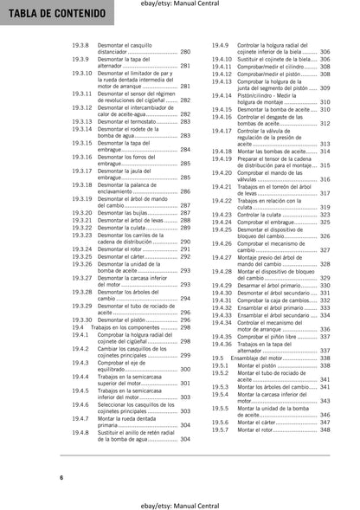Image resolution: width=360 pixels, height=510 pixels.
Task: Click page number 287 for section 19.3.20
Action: click(x=184, y=212)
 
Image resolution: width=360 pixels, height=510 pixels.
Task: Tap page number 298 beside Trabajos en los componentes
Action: click(x=184, y=327)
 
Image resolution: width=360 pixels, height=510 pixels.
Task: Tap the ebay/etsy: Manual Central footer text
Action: click(x=179, y=501)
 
